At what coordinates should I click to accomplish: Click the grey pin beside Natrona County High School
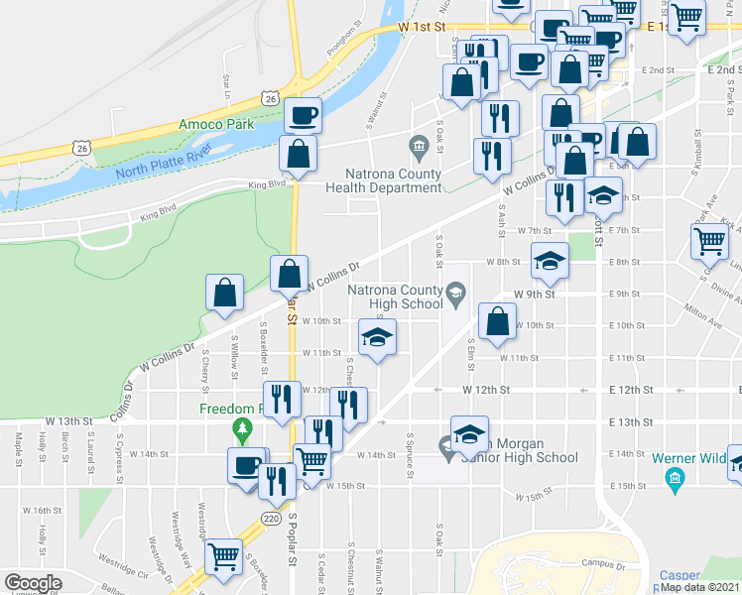[455, 291]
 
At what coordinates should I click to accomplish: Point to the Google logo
[33, 583]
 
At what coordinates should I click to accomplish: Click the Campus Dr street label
[601, 563]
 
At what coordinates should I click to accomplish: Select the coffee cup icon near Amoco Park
[303, 115]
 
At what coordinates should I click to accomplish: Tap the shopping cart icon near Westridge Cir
[224, 556]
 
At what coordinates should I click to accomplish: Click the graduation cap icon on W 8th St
[550, 260]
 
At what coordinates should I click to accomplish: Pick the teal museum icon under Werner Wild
[675, 482]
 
